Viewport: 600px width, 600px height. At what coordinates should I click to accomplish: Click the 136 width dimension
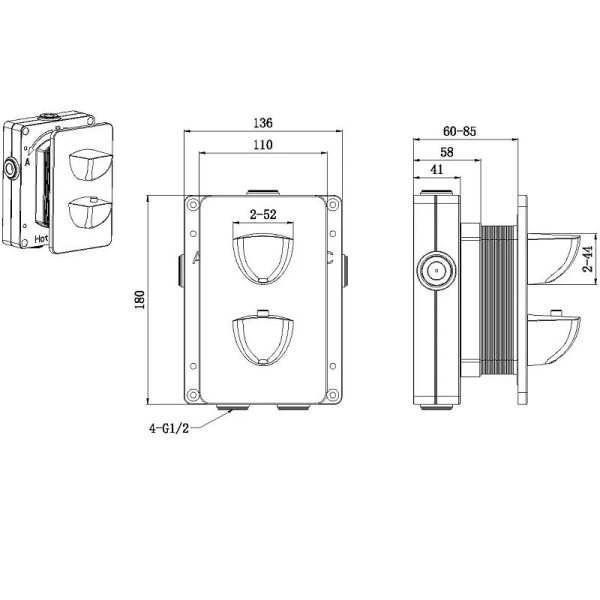tap(263, 123)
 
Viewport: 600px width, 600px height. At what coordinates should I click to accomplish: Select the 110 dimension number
tap(263, 145)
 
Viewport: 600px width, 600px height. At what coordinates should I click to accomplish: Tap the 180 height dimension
tap(140, 300)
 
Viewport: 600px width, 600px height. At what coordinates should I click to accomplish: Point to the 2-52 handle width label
tap(263, 214)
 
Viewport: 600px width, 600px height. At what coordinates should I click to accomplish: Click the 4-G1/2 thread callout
tap(169, 428)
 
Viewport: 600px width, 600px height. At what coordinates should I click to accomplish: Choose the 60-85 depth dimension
tap(460, 131)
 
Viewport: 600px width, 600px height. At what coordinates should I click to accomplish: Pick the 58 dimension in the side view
tap(447, 152)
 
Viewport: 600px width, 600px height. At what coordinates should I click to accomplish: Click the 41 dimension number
tap(437, 169)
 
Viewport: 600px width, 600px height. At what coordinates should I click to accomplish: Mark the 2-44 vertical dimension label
tap(588, 259)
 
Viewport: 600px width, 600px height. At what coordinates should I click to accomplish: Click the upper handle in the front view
tap(263, 259)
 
